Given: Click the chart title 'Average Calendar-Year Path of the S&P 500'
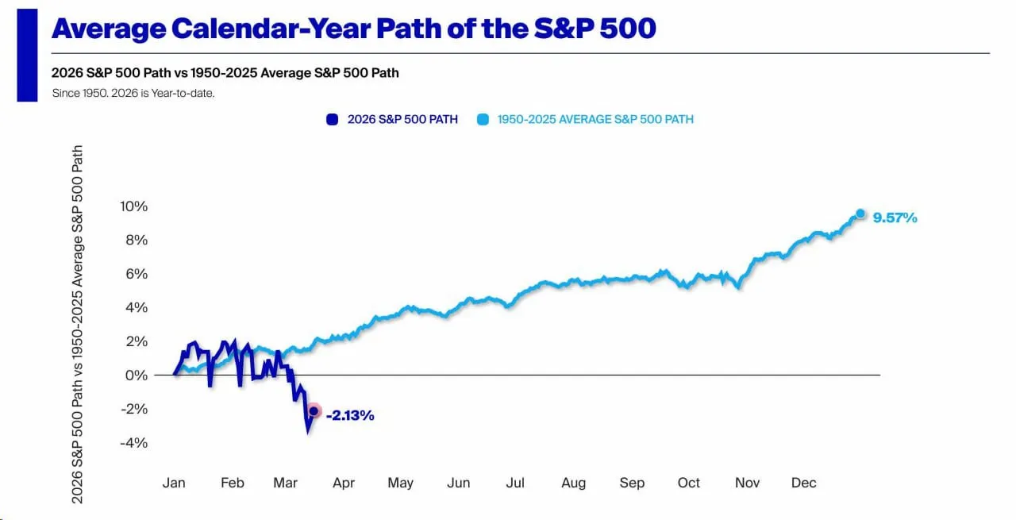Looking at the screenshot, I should (353, 29).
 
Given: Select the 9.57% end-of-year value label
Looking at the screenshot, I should (895, 218).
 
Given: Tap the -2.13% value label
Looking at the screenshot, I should (350, 415).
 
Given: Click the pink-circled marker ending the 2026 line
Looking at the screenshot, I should (314, 411).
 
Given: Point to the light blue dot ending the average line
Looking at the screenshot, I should (860, 214).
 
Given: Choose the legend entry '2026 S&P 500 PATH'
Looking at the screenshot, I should (393, 120).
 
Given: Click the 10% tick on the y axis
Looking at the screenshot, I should (133, 206).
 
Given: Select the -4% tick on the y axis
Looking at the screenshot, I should (135, 442).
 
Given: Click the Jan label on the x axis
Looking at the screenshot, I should (174, 483).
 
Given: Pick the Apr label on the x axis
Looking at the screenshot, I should (343, 483).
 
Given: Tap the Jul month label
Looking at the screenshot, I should (516, 483).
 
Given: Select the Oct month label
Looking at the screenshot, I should (688, 483).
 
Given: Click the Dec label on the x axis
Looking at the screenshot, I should (803, 483).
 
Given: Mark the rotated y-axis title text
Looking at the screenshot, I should (78, 324).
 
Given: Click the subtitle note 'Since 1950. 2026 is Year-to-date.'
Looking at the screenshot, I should (133, 93).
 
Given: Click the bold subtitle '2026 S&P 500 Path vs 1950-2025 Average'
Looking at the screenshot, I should (225, 73).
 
